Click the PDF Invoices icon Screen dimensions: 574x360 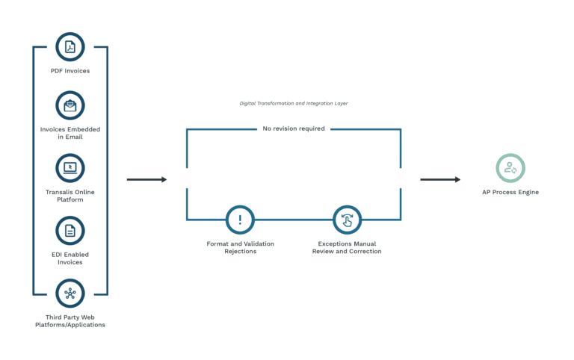(70, 47)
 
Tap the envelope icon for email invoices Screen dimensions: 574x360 (70, 105)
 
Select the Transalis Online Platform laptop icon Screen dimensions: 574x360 (70, 168)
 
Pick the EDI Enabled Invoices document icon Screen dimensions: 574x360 (70, 231)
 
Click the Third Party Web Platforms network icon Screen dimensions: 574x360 (70, 294)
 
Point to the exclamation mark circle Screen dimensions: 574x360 (240, 220)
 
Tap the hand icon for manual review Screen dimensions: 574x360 (347, 220)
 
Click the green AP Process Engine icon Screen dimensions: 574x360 (510, 168)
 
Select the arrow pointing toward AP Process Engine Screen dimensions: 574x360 (440, 179)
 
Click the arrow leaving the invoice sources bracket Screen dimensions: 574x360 (146, 179)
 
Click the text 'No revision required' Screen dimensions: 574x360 (294, 128)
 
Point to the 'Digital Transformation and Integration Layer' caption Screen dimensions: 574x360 (294, 104)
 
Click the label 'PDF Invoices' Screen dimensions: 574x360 (70, 71)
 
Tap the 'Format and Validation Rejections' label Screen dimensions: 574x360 (240, 247)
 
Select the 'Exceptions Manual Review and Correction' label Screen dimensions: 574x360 (347, 247)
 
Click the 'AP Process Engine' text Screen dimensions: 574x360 (510, 192)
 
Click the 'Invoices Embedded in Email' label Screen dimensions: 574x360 (70, 133)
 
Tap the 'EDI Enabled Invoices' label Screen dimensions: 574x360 (70, 258)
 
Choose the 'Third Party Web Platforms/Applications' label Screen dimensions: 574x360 (70, 321)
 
